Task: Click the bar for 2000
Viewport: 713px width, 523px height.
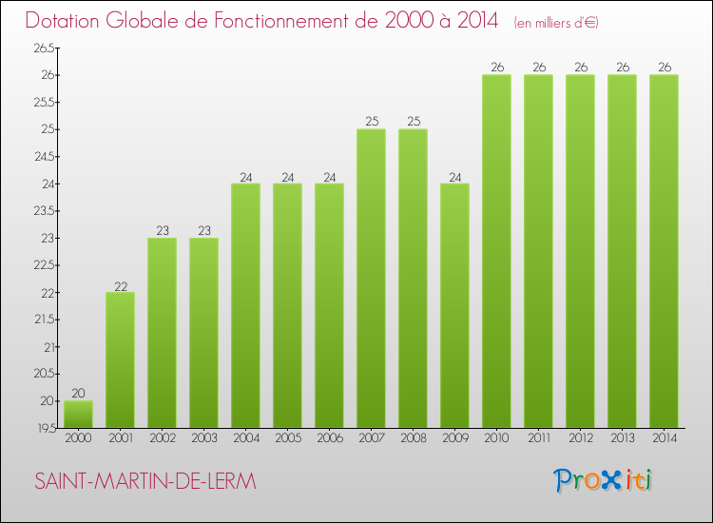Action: (x=78, y=414)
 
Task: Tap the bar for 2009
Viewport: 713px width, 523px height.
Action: (x=454, y=305)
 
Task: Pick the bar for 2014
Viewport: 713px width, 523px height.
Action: (x=664, y=251)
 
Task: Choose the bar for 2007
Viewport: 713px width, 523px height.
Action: (x=371, y=279)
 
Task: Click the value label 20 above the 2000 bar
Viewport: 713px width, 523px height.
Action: (x=78, y=393)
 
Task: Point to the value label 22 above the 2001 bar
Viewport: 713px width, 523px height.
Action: (x=120, y=284)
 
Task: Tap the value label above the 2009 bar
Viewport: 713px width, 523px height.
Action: (x=454, y=176)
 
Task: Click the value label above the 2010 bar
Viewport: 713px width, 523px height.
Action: (x=496, y=68)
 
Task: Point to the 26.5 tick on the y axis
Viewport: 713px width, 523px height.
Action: (x=43, y=48)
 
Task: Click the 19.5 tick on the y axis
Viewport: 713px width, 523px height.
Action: (x=43, y=428)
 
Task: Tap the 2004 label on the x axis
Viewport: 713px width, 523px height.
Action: (x=245, y=439)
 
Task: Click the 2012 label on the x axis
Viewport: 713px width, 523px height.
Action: (x=580, y=439)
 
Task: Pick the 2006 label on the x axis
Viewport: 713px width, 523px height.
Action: (x=329, y=439)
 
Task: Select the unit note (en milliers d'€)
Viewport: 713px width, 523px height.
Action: (x=556, y=22)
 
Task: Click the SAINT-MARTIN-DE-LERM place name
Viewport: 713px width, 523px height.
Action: (x=145, y=482)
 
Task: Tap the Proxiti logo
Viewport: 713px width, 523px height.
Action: (x=603, y=480)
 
